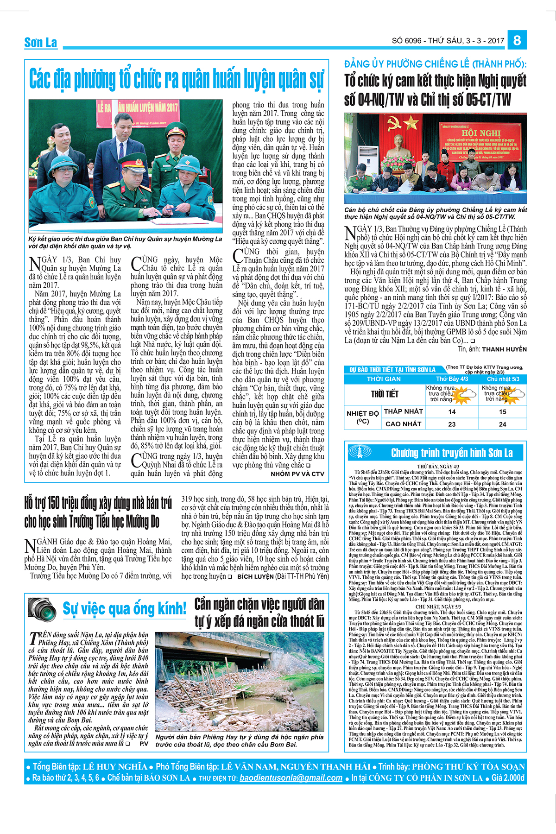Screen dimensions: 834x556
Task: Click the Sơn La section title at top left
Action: click(x=41, y=43)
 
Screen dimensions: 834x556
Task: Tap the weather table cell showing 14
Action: click(x=452, y=411)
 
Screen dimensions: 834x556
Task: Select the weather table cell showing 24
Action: click(x=503, y=424)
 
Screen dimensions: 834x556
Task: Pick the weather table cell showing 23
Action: click(x=452, y=424)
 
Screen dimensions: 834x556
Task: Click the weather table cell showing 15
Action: click(x=503, y=411)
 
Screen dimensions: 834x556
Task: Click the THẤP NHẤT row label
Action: click(x=404, y=411)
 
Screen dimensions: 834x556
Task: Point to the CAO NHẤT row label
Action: click(x=404, y=424)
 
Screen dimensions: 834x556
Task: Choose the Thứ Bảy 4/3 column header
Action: click(x=452, y=379)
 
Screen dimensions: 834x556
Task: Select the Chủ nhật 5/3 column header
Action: click(x=503, y=379)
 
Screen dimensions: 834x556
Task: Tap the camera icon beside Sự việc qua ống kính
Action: click(x=42, y=608)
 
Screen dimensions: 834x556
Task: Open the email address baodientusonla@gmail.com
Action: click(x=291, y=778)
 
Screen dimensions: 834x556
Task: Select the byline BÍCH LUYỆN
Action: click(x=255, y=576)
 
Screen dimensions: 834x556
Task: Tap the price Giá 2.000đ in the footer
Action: click(x=508, y=778)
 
